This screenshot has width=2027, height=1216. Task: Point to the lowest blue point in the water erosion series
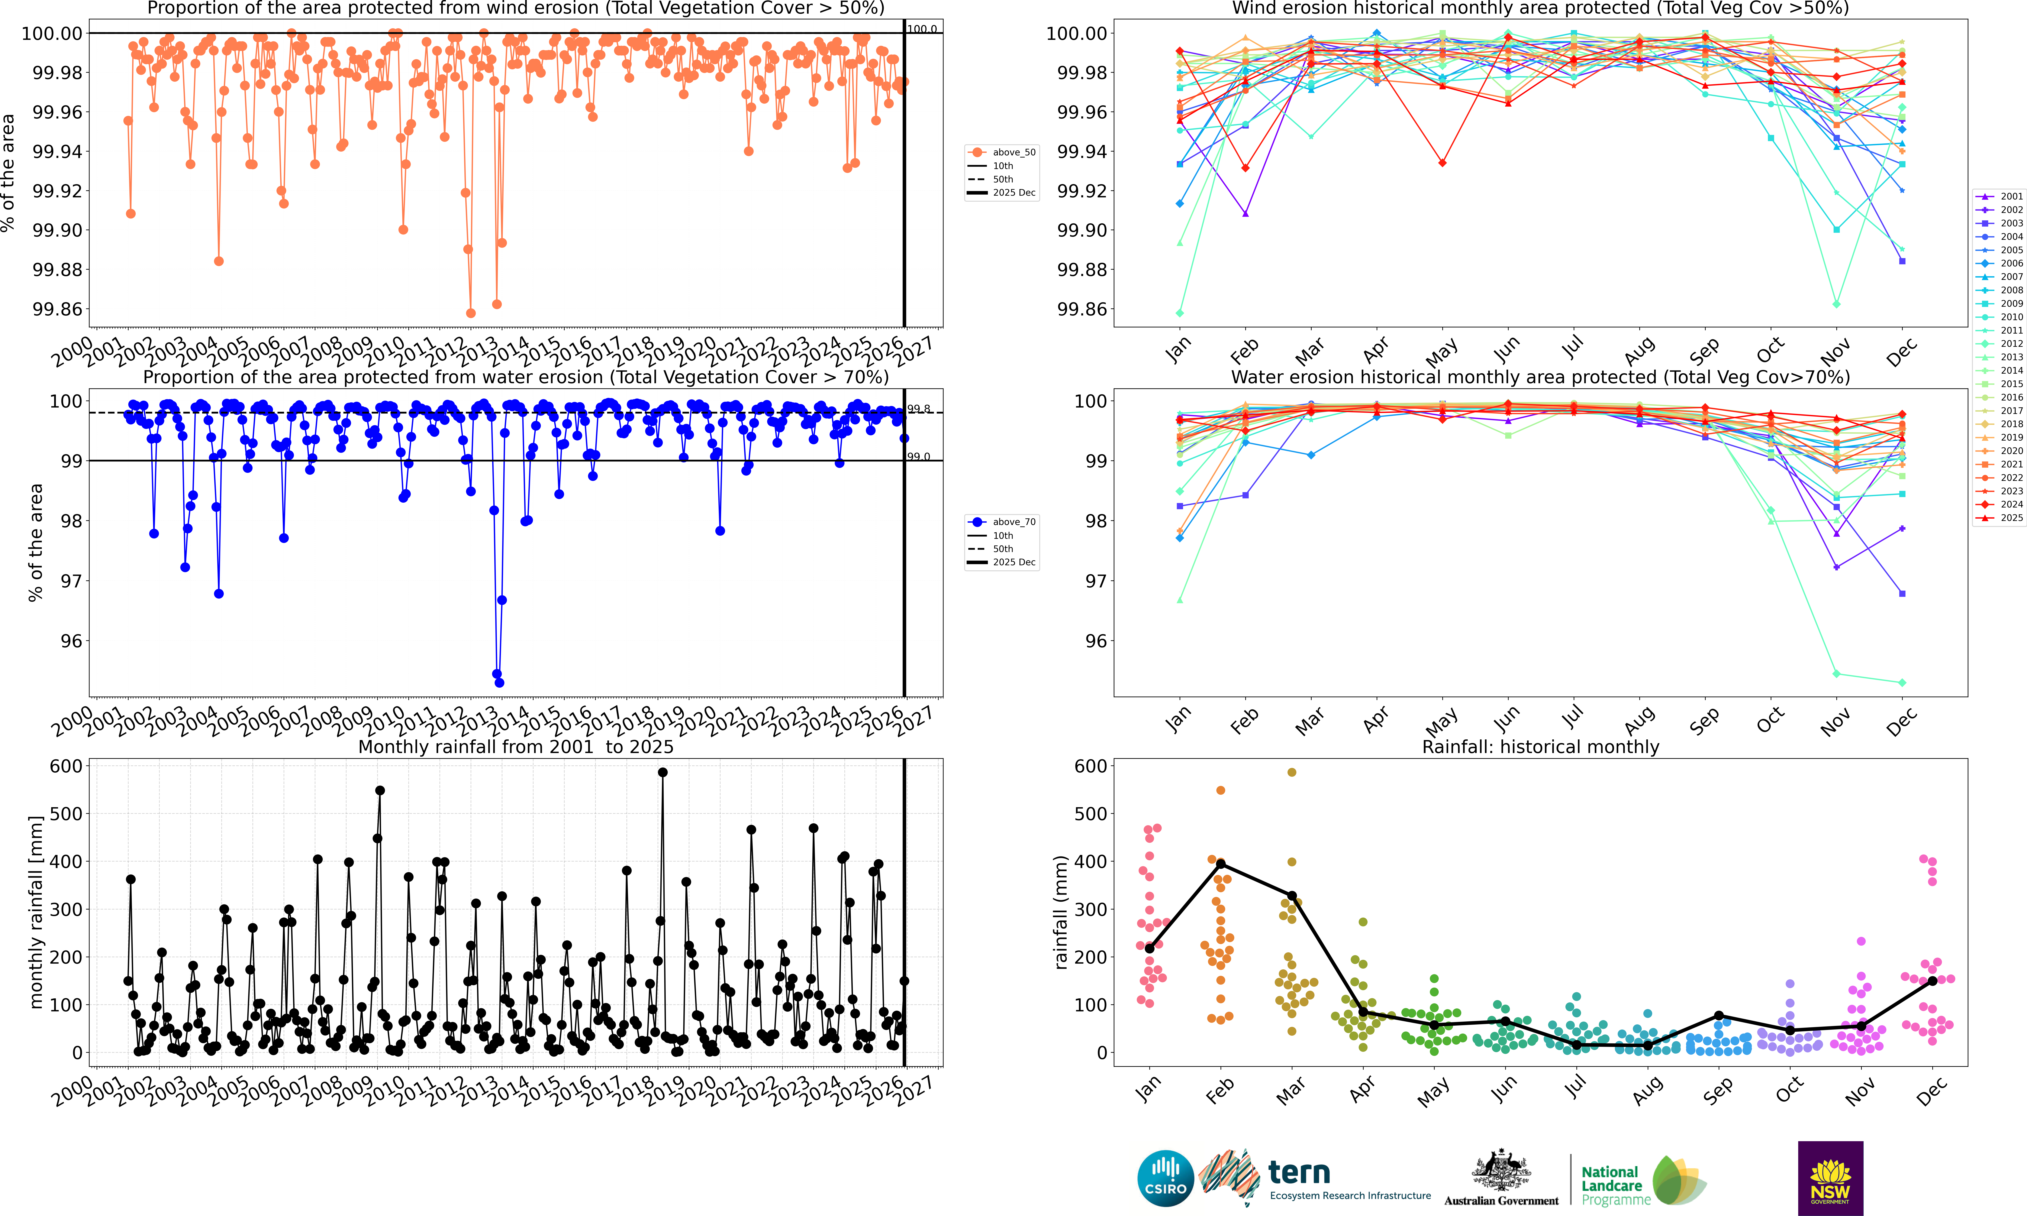[499, 682]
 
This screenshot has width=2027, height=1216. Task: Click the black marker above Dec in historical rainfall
[1932, 981]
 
